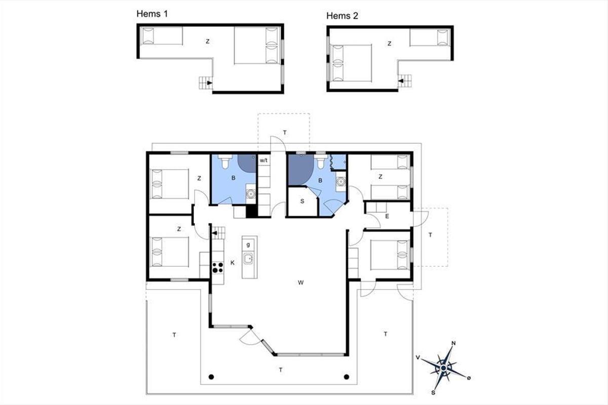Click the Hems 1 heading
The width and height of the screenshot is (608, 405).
pos(152,14)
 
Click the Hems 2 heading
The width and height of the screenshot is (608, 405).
pos(342,16)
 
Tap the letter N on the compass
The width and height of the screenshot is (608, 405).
pos(453,343)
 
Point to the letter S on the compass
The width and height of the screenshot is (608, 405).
pos(433,393)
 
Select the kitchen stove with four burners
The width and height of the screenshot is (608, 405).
pos(218,267)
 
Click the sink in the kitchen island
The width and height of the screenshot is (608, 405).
pos(248,258)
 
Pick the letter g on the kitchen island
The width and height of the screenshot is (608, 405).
pos(248,245)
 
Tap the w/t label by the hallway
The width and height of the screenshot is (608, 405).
pos(263,160)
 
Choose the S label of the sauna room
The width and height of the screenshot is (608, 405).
pos(302,201)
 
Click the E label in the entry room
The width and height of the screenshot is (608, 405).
pos(387,216)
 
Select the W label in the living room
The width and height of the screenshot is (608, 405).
pos(300,282)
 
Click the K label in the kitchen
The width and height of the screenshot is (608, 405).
pos(233,263)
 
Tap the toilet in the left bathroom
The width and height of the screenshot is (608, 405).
pos(225,161)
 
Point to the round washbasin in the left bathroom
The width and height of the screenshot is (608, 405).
pos(251,194)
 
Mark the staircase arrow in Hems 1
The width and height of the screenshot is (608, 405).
pos(210,83)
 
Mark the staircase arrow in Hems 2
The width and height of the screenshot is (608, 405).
pos(401,81)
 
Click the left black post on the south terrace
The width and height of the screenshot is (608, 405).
pos(211,377)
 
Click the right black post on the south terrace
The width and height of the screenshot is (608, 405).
pos(347,377)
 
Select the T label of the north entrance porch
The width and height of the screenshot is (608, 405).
pos(285,133)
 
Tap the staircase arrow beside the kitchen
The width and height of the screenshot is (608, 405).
pos(215,233)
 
